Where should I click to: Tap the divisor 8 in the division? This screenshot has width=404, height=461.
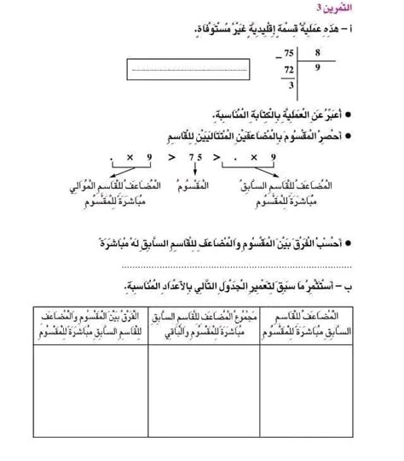pyautogui.click(x=317, y=53)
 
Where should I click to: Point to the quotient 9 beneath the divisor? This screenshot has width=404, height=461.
pyautogui.click(x=317, y=67)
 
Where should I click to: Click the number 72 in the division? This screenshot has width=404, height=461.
pyautogui.click(x=291, y=68)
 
